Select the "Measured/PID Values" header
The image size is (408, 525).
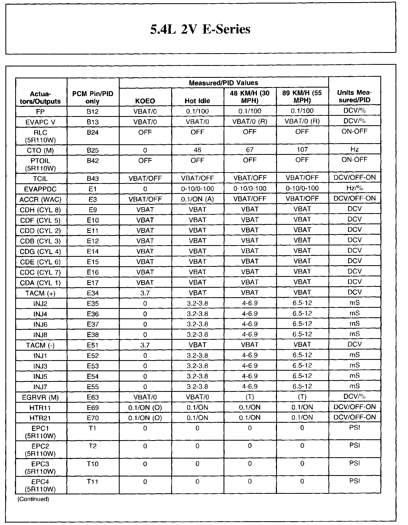[223, 83]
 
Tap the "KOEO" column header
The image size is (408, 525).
[145, 101]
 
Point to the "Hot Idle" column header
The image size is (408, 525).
[197, 101]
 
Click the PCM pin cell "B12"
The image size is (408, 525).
[93, 111]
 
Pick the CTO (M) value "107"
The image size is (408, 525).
[302, 150]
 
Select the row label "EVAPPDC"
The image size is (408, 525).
[40, 189]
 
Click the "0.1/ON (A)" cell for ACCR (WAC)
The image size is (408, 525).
[197, 199]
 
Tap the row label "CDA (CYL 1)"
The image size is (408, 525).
[40, 283]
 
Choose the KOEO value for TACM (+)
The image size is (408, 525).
[145, 293]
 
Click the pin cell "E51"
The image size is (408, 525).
[93, 345]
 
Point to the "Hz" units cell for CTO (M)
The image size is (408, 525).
[355, 149]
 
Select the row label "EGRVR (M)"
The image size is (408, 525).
[40, 398]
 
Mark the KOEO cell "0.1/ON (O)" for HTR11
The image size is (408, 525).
[145, 408]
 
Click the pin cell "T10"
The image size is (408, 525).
[93, 464]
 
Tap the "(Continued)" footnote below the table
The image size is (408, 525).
[33, 499]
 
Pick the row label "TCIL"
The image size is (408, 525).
[40, 179]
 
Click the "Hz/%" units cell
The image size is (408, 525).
[355, 188]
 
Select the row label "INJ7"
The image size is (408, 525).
[40, 387]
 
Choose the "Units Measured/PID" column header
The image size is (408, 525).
[355, 96]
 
